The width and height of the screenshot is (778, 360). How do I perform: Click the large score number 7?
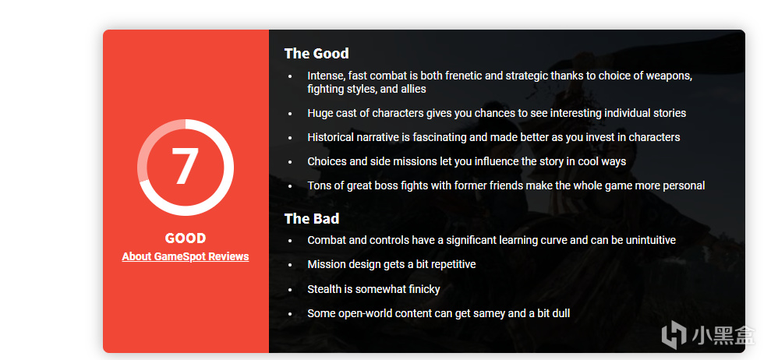click(x=185, y=166)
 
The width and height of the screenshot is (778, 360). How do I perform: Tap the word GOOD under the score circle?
click(x=186, y=238)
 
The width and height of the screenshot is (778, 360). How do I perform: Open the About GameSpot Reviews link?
click(x=186, y=256)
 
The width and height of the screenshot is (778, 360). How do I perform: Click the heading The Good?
click(x=317, y=54)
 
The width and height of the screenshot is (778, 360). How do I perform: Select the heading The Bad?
click(x=312, y=219)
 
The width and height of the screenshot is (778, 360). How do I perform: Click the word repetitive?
click(x=451, y=264)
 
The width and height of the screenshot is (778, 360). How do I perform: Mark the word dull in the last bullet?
click(x=561, y=313)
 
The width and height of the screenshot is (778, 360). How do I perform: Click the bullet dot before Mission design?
click(x=290, y=265)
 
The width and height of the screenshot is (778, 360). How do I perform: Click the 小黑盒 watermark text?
click(x=723, y=334)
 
